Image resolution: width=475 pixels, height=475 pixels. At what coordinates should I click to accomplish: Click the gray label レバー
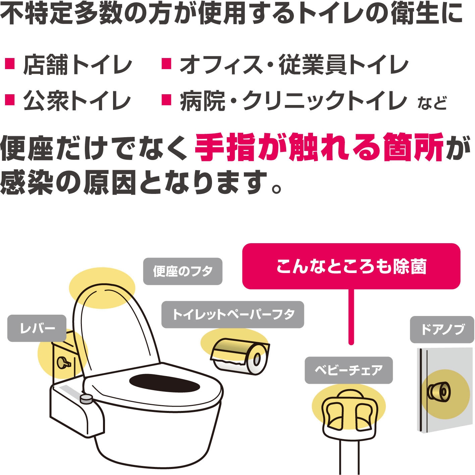pyautogui.click(x=37, y=328)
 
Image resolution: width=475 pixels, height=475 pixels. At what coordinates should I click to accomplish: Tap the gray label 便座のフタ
pyautogui.click(x=183, y=271)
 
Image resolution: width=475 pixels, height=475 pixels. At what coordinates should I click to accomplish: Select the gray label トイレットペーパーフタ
pyautogui.click(x=233, y=315)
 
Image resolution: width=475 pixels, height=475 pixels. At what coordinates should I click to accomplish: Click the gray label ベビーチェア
pyautogui.click(x=349, y=370)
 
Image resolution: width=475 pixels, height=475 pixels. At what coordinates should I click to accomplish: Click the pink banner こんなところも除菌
pyautogui.click(x=351, y=266)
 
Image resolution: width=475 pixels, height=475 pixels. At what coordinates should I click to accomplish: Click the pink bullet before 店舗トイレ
pyautogui.click(x=10, y=64)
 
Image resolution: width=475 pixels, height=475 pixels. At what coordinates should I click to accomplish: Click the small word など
pyautogui.click(x=432, y=103)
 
